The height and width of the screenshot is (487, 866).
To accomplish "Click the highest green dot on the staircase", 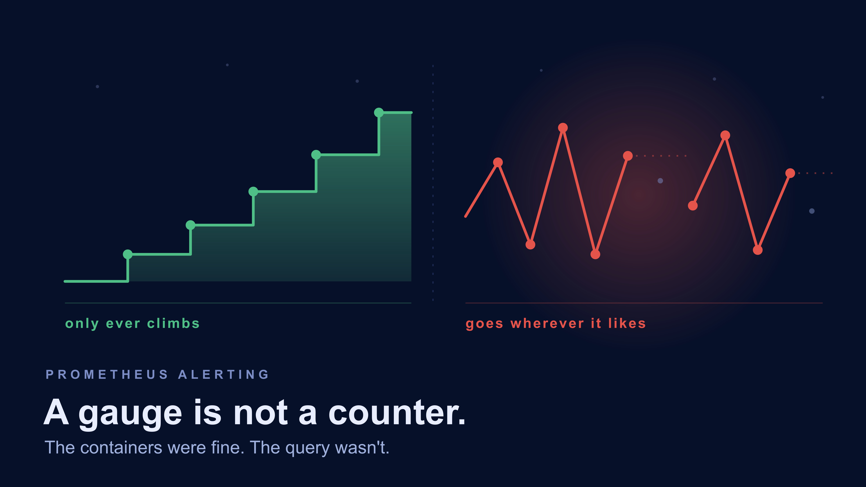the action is [379, 113].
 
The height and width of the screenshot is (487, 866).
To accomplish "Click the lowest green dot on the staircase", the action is [128, 254].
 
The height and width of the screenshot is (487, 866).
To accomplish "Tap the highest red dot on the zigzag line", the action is [563, 128].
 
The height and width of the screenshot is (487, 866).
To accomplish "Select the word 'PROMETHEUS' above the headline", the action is [107, 374].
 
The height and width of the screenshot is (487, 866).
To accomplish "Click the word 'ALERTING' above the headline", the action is [224, 374].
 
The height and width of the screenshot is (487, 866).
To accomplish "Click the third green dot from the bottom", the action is [253, 192].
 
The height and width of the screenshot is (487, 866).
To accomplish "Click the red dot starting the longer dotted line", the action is [628, 156].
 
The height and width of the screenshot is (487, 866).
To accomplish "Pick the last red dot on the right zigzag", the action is [790, 173].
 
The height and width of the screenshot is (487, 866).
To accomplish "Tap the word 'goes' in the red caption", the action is [484, 324].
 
